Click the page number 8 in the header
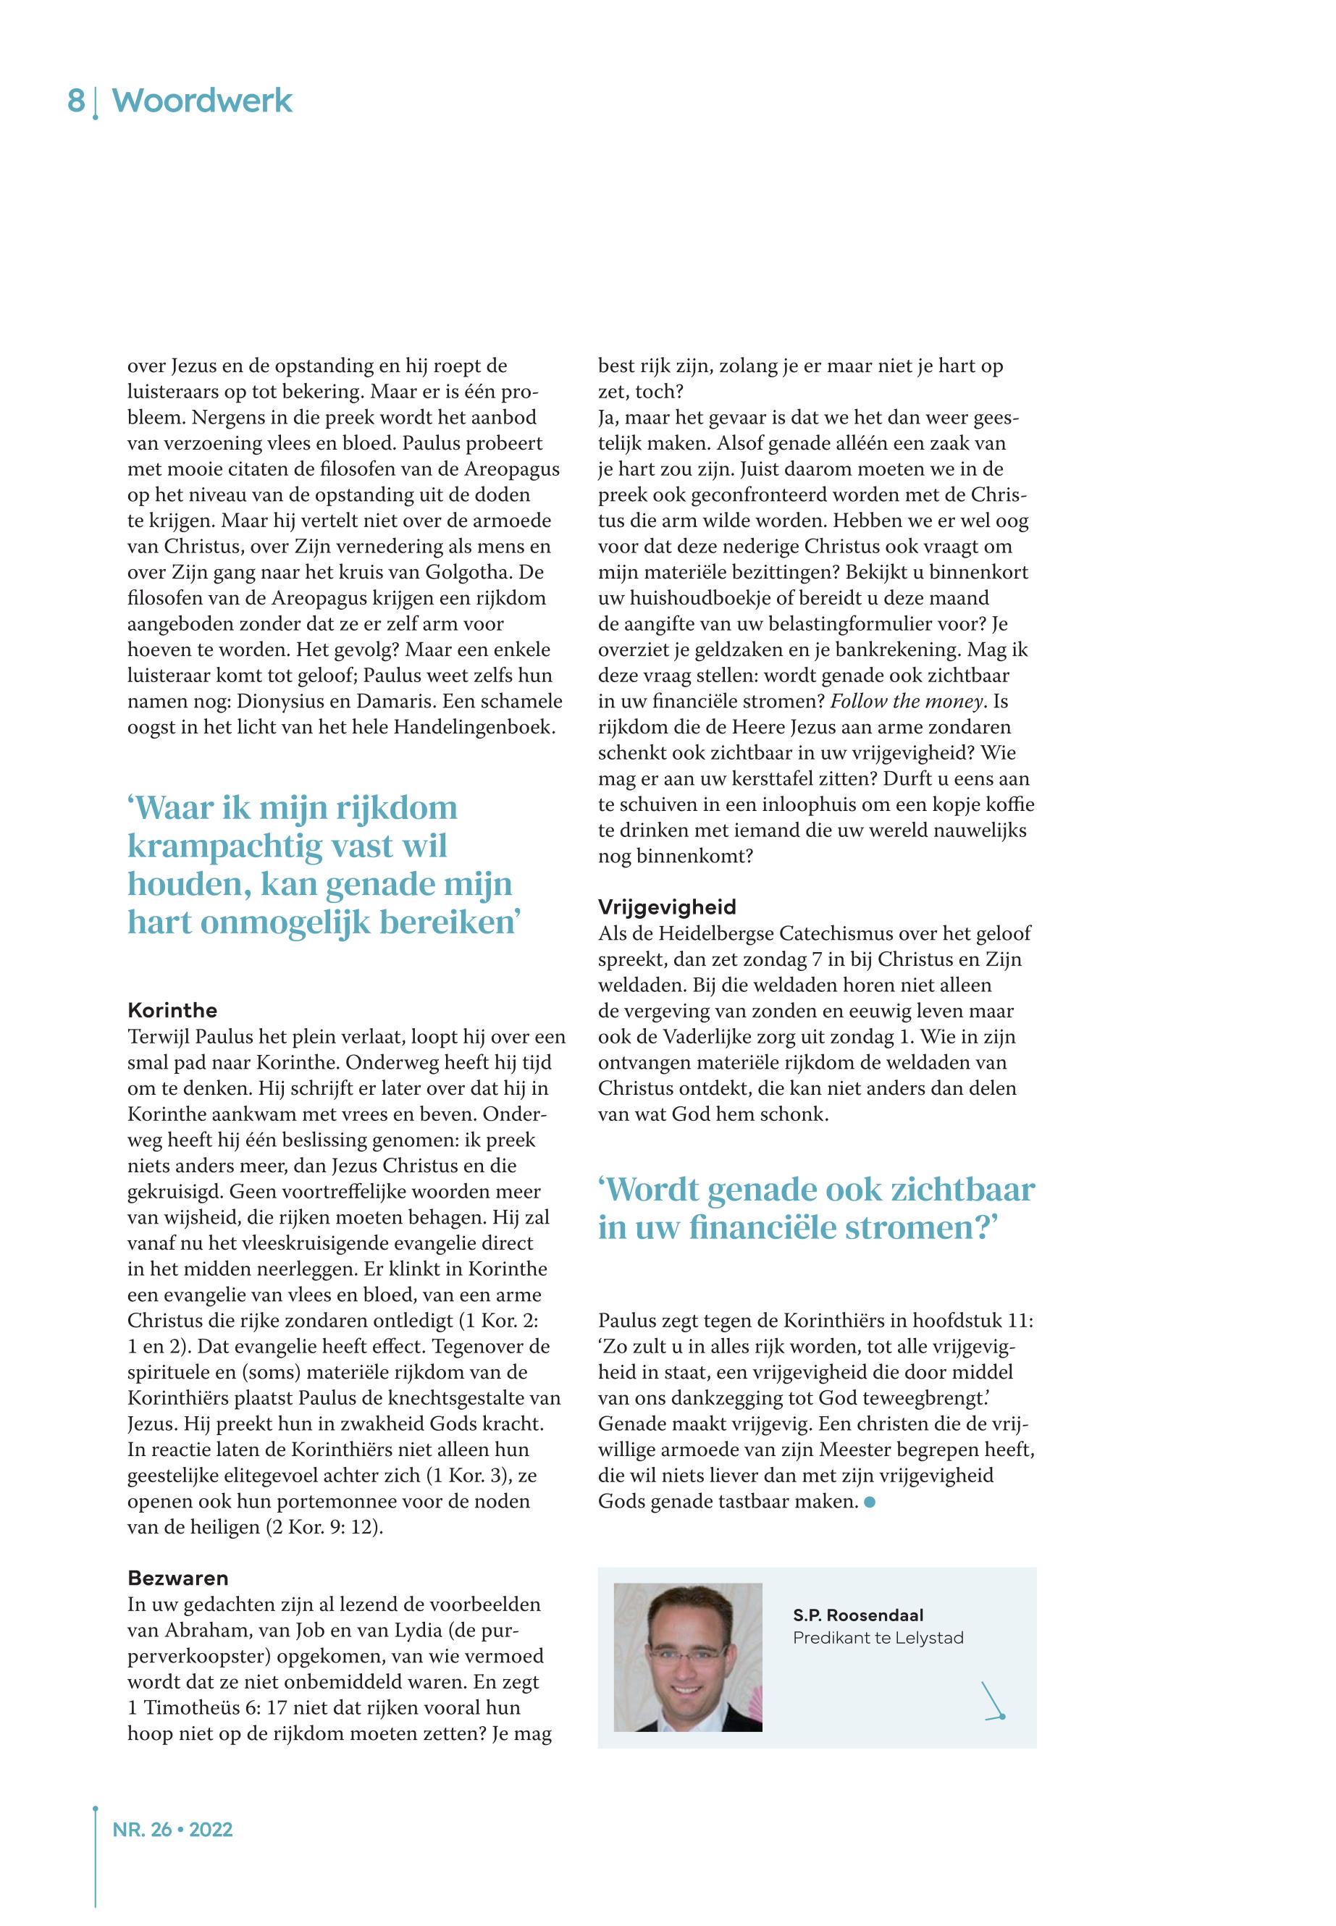(75, 101)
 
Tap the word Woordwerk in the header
(202, 101)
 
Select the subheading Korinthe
(172, 1010)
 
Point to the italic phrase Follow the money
(906, 702)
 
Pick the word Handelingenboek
(474, 728)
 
